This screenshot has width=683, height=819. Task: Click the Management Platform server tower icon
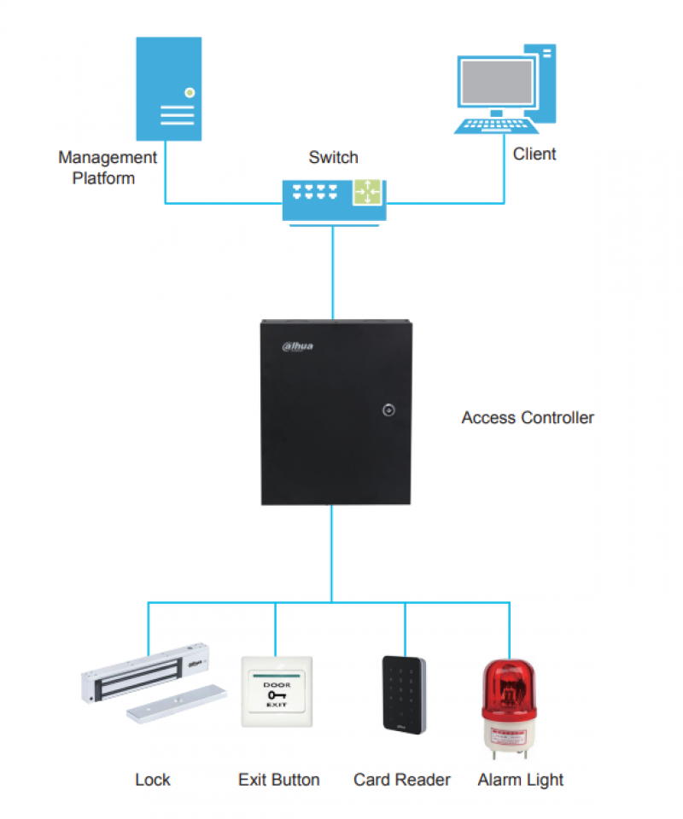(169, 89)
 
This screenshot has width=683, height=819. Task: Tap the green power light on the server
(190, 92)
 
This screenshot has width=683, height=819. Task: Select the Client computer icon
(505, 90)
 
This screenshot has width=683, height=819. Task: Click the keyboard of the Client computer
(496, 125)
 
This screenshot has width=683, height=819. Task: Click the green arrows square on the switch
(368, 192)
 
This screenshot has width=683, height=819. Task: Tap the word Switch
(333, 158)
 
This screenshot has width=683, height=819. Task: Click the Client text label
(534, 154)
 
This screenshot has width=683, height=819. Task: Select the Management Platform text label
(107, 168)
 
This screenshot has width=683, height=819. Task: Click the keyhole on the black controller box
(388, 410)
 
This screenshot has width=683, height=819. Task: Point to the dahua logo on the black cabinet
(299, 346)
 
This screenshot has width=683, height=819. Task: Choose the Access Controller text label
(528, 418)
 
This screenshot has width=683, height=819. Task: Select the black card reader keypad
(405, 693)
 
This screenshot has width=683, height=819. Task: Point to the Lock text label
(153, 780)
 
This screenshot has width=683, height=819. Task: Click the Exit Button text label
(279, 780)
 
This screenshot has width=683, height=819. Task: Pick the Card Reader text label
(402, 780)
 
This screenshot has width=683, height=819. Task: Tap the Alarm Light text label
(521, 780)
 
